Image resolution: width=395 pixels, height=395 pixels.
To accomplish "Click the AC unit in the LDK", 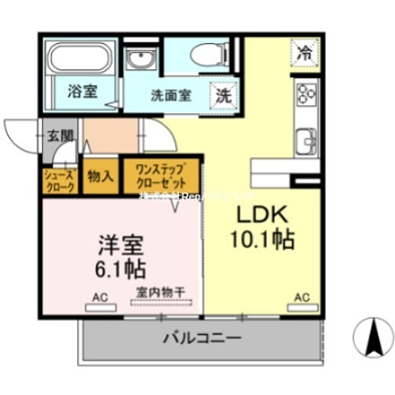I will [x=302, y=307].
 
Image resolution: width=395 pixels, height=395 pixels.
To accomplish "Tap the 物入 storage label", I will [x=100, y=176].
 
